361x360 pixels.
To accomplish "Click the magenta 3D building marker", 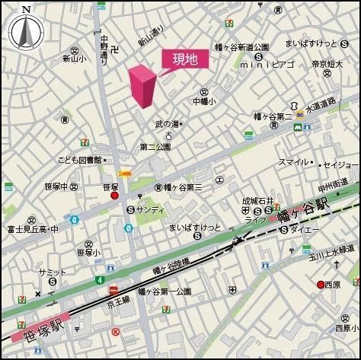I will point(142,86).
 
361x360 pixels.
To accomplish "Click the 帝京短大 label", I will point(328,65).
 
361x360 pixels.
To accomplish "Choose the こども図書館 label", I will point(79,160).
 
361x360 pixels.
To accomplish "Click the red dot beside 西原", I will point(321,285).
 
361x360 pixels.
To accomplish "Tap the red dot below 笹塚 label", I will point(115,196).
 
